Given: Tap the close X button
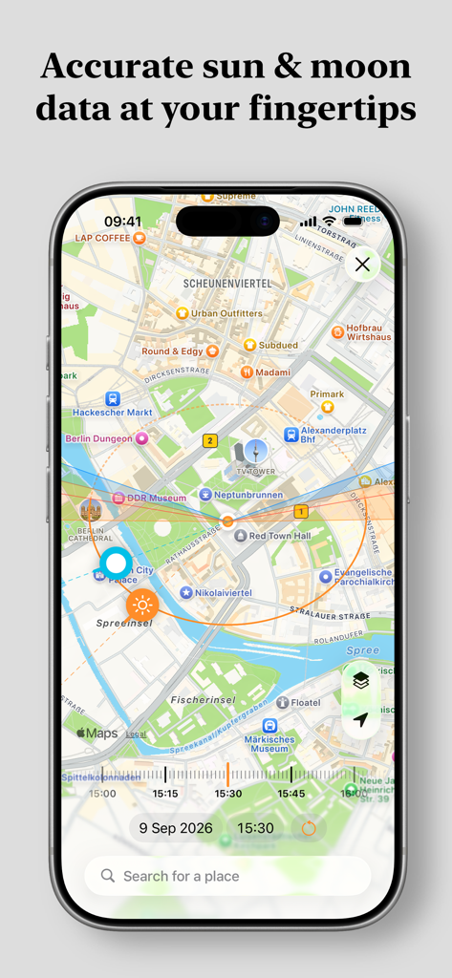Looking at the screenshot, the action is [x=362, y=265].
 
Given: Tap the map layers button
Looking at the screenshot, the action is [x=360, y=680].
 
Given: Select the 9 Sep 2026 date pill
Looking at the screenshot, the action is [x=177, y=828].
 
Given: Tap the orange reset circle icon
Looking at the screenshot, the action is [x=309, y=828].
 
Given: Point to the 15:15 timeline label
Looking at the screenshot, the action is [x=165, y=794].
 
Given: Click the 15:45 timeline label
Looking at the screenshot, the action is [x=291, y=794].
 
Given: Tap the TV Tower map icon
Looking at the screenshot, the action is [x=255, y=452].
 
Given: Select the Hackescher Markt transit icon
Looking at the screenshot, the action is [x=113, y=398].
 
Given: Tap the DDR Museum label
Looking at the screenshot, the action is [x=155, y=498].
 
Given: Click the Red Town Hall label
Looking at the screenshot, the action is [x=281, y=536].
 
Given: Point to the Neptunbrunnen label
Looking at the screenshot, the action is [x=248, y=495].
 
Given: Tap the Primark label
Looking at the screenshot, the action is [x=327, y=393].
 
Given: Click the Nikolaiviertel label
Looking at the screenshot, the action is [x=224, y=593].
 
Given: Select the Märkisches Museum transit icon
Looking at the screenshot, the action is [x=270, y=727].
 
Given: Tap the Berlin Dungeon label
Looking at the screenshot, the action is [x=99, y=438].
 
